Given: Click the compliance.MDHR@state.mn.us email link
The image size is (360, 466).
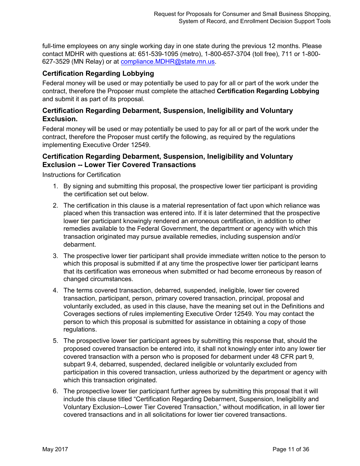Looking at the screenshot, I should click(168, 62).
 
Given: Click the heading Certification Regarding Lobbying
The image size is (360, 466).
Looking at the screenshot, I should click(98, 73).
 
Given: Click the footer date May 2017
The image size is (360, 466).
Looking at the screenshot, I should click(55, 449).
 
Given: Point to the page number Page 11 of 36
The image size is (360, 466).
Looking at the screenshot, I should click(291, 449).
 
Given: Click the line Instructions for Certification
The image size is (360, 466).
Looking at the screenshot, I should click(81, 175).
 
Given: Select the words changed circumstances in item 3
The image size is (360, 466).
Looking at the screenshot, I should click(98, 279).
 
